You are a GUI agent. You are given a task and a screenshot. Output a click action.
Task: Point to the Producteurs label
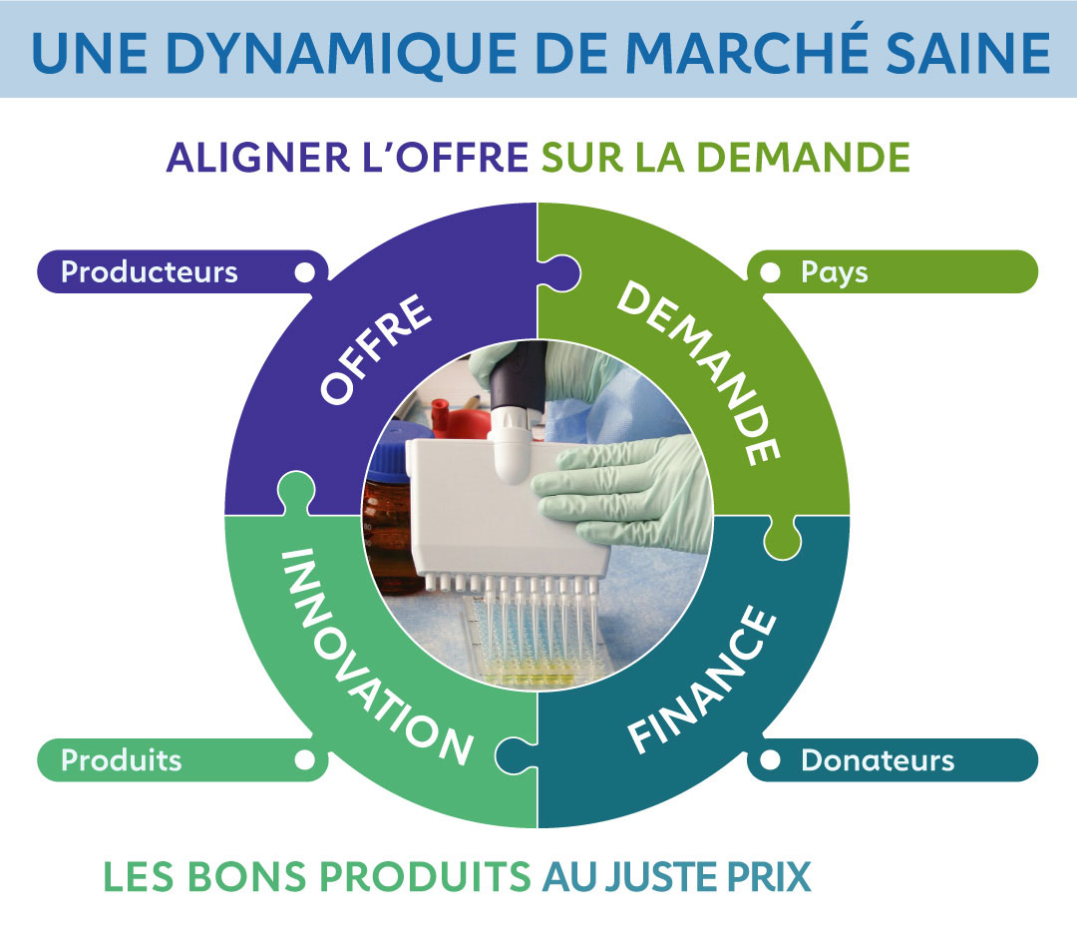[x=150, y=271]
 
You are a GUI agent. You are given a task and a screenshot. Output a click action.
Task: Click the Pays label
[x=835, y=271]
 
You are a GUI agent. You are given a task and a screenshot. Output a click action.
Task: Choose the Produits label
[x=122, y=760]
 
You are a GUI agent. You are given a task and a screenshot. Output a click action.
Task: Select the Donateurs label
[x=878, y=760]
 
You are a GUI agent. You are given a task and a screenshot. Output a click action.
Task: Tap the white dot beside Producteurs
[x=305, y=271]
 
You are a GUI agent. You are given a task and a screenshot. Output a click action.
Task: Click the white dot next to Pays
[x=770, y=271]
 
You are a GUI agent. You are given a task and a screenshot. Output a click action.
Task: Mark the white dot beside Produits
[x=305, y=760]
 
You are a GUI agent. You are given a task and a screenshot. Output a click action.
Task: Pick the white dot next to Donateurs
[x=770, y=760]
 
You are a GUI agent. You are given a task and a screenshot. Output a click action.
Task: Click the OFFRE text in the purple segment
[x=377, y=348]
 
